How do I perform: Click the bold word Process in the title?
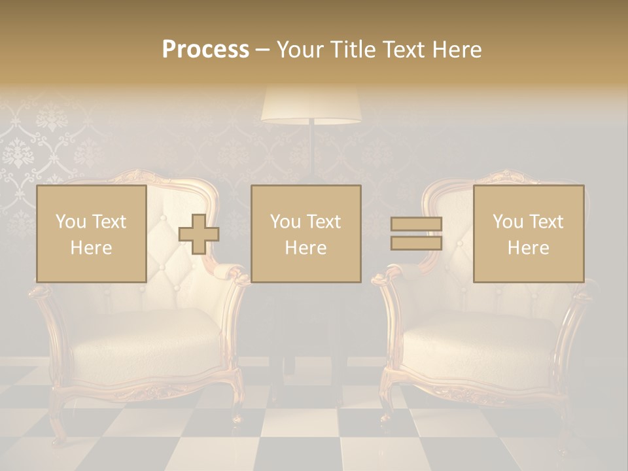(x=205, y=50)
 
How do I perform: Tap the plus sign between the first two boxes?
(x=199, y=234)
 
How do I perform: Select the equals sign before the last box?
(x=416, y=234)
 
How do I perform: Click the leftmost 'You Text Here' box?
(x=91, y=234)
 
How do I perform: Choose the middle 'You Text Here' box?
(x=305, y=234)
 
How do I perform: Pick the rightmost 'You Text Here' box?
(x=528, y=234)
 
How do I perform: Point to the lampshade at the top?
(x=311, y=105)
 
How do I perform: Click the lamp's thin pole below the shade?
(x=311, y=150)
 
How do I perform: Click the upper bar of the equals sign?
(x=416, y=224)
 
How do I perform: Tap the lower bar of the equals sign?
(x=416, y=243)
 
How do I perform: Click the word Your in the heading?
(x=298, y=50)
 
